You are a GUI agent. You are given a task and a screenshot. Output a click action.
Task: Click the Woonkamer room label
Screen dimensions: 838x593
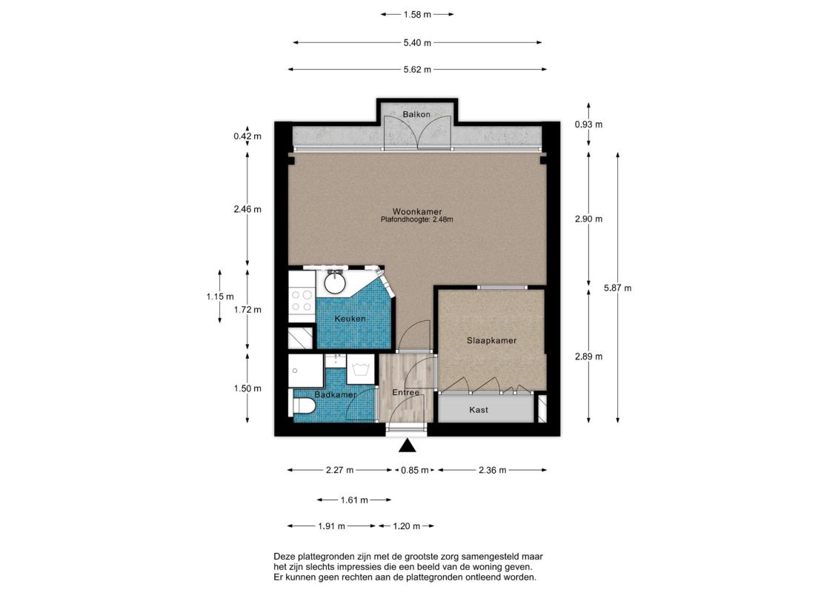coord(417,212)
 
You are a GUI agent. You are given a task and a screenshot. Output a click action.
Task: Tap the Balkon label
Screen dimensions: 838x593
coord(416,114)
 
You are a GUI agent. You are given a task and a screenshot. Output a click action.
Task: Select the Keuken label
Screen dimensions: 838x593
coord(350,319)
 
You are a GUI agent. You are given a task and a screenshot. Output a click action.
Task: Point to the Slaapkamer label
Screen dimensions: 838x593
coord(492,341)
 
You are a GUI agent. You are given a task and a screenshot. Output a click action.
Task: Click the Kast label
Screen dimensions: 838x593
coord(479,410)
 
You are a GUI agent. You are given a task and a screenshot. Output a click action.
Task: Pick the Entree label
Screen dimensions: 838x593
coord(405,392)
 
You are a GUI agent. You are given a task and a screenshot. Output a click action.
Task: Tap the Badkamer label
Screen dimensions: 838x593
coord(336,394)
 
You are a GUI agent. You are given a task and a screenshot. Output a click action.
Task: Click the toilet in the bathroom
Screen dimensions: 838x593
coord(303,405)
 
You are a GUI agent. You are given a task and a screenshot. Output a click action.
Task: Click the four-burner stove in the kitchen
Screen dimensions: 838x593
coord(302,301)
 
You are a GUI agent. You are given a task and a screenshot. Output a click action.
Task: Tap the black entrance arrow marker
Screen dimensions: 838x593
coord(408,445)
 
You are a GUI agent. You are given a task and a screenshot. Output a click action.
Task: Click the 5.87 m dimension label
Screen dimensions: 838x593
coord(617,288)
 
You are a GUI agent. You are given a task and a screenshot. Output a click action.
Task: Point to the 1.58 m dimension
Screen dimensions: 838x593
coord(417,14)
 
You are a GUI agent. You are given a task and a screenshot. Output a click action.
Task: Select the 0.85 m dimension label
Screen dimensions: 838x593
coord(415,470)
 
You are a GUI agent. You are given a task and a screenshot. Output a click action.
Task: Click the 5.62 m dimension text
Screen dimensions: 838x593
coord(417,69)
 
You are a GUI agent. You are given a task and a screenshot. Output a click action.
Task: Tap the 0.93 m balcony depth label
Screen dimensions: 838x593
coord(588,125)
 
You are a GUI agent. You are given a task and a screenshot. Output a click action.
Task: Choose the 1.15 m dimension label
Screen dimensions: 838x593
coord(220,296)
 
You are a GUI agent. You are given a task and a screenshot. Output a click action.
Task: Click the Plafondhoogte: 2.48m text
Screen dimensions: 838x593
coord(417,219)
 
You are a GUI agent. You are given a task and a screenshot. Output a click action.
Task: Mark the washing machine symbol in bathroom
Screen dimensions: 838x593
coord(360,369)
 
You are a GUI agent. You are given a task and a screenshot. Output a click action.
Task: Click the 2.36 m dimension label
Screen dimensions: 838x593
coord(492,470)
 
